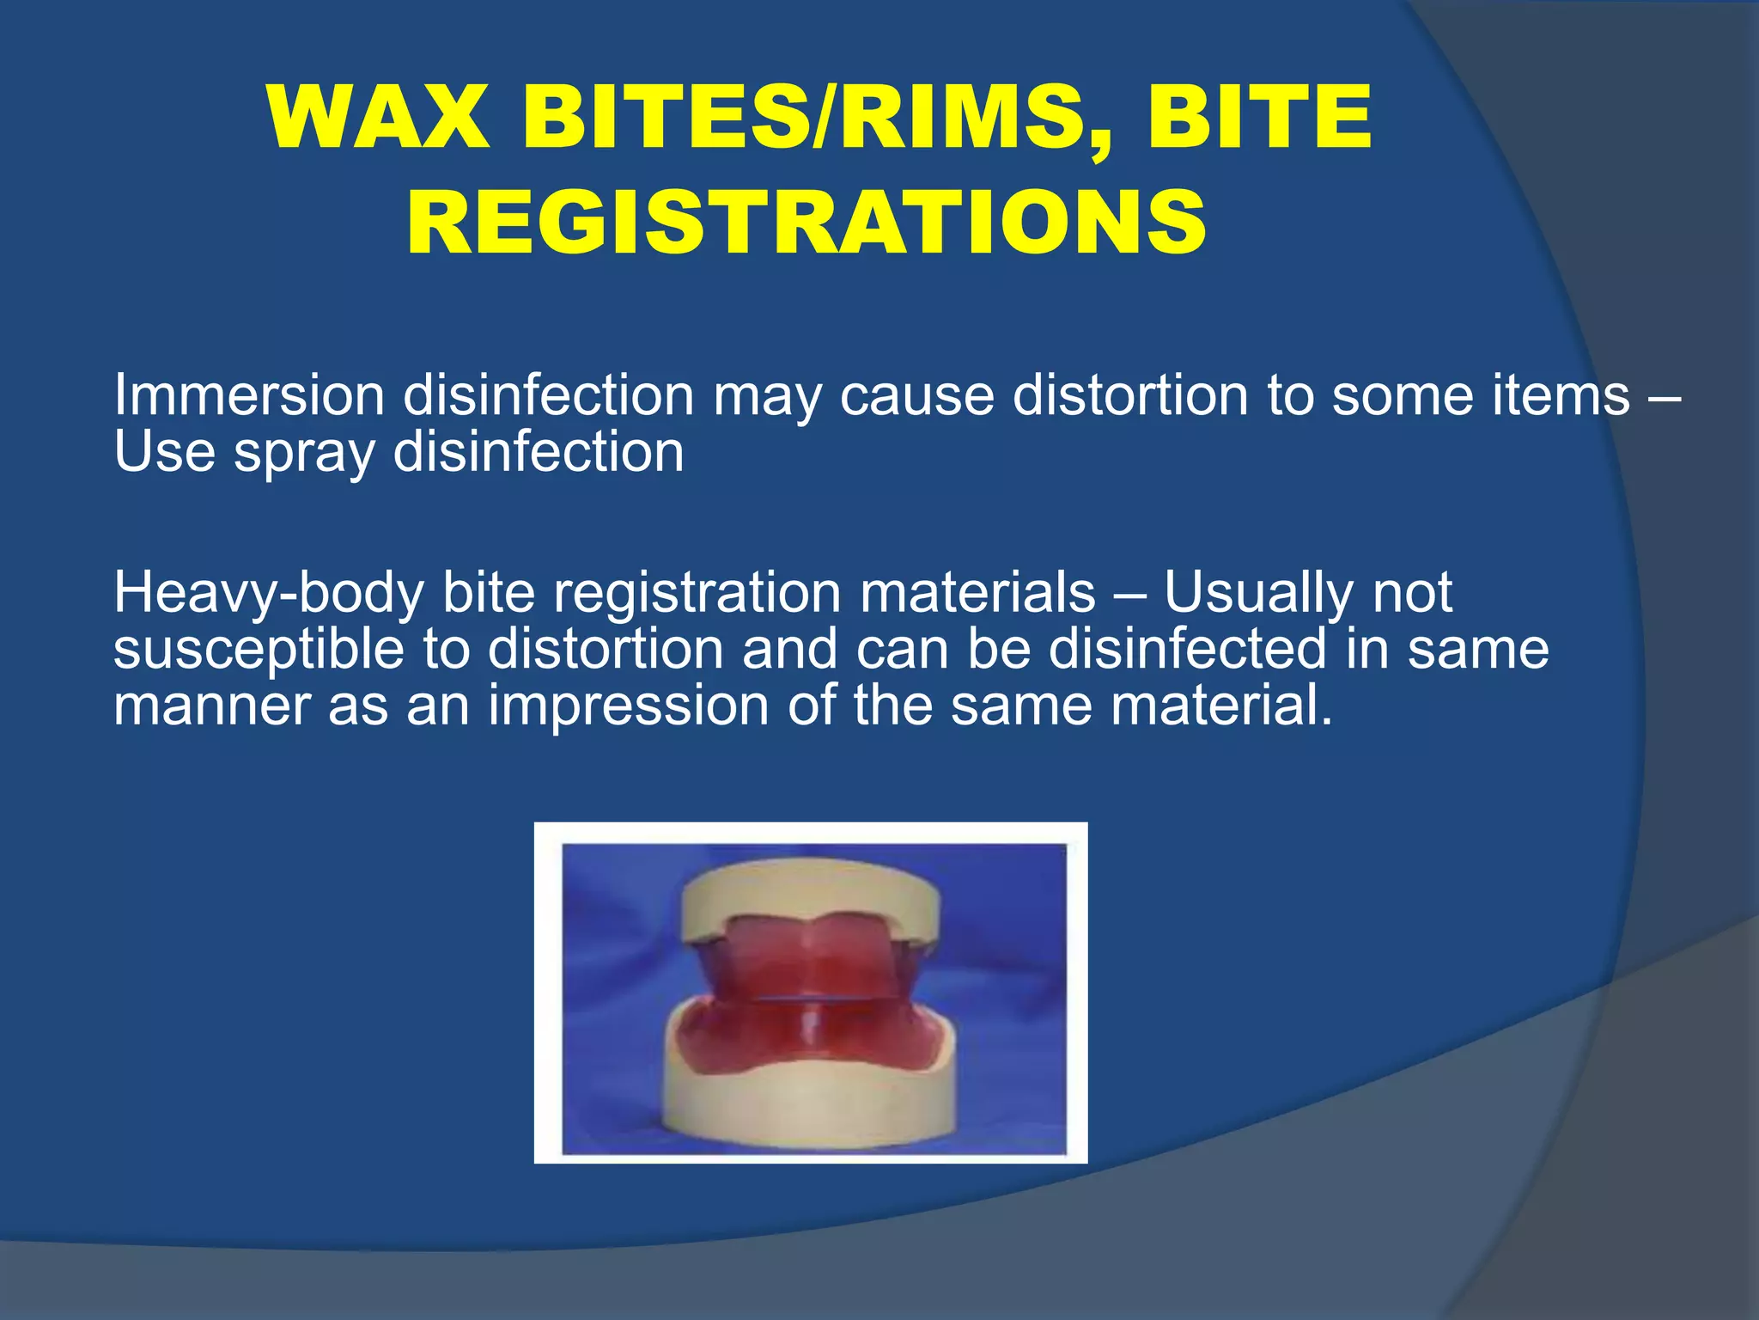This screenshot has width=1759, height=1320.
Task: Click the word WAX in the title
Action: click(x=378, y=118)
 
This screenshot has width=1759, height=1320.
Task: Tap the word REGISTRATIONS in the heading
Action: click(x=806, y=223)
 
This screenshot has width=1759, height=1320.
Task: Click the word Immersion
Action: click(x=249, y=396)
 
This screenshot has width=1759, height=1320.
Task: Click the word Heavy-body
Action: click(x=268, y=594)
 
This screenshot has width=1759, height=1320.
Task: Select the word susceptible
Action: click(x=259, y=650)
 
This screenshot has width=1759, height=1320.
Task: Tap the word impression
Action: click(x=629, y=706)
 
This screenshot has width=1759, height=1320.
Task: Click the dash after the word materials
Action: click(x=1129, y=596)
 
